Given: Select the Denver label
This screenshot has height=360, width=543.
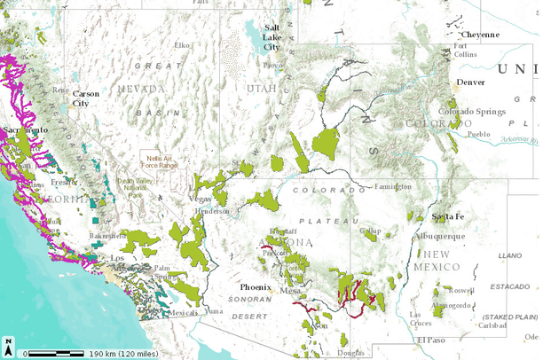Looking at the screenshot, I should click(470, 82).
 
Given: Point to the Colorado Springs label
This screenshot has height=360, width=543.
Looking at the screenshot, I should click(468, 112).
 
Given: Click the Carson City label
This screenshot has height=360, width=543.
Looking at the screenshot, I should click(86, 98).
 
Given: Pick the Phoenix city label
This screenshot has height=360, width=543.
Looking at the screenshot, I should click(255, 288).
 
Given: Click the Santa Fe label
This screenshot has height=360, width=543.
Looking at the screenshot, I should click(448, 217).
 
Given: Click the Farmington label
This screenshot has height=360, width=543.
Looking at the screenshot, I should click(391, 187).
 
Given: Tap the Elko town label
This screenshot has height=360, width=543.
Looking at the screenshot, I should click(182, 44).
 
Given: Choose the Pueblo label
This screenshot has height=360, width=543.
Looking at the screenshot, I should click(478, 134).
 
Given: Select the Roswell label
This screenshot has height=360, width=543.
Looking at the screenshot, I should click(462, 290).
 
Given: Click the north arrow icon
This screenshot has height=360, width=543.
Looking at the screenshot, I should click(8, 342).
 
